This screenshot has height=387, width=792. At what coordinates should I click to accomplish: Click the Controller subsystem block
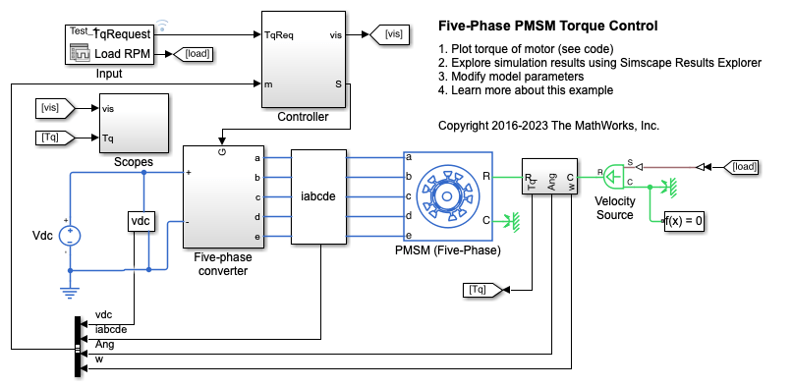tap(304, 59)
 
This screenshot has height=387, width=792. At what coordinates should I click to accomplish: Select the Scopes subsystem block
tap(134, 123)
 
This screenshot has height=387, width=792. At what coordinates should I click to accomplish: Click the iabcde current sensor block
tap(318, 196)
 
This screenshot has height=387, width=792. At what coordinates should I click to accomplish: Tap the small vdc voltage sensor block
tap(141, 221)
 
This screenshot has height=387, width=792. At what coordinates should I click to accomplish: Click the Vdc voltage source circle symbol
tap(70, 236)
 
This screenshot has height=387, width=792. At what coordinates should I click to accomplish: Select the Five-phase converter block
tap(224, 196)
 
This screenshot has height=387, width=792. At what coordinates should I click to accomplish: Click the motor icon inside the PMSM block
tap(446, 196)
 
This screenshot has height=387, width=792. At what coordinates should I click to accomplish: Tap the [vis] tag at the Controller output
tap(389, 34)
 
